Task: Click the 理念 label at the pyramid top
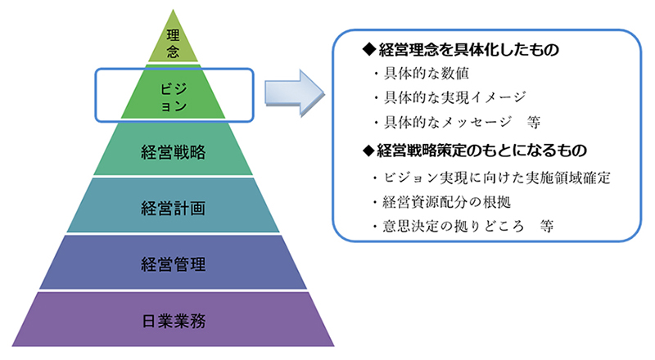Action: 171,43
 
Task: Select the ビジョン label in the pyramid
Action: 171,94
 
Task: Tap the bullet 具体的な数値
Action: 418,75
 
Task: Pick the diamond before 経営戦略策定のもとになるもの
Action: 368,151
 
